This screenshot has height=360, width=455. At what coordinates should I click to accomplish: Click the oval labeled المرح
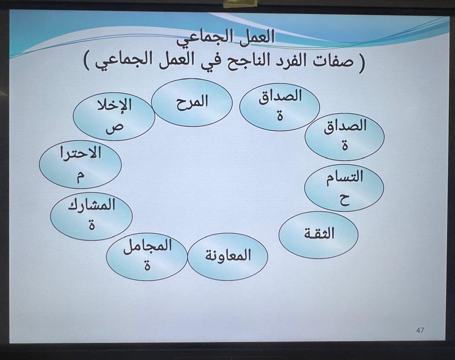[x=192, y=103]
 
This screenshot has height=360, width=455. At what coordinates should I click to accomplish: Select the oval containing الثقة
[x=319, y=235]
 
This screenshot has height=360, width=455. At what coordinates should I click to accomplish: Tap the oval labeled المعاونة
[x=228, y=256]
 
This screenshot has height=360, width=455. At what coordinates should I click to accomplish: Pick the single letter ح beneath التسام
[x=344, y=200]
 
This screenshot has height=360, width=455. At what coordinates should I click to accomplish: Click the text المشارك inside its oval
[x=91, y=205]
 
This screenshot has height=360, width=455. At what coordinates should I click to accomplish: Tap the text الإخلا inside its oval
[x=114, y=105]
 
